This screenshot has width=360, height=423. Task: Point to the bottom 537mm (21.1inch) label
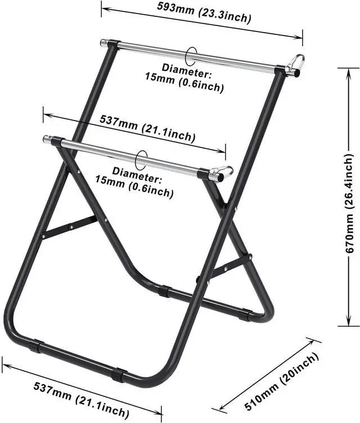coord(81,399)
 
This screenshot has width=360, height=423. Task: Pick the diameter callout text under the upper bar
coord(184,78)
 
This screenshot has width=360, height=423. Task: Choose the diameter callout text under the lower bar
coord(134,182)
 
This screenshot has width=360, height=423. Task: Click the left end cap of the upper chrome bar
coord(103,43)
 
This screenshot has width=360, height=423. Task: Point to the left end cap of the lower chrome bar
coord(47,139)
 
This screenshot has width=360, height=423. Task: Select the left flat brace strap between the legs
coord(70,227)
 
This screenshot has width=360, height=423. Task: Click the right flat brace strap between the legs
coord(225,268)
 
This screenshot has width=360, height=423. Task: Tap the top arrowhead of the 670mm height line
coord(349,72)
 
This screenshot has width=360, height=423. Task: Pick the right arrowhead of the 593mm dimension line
coord(298,37)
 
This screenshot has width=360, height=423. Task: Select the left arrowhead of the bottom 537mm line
coord(7,366)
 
